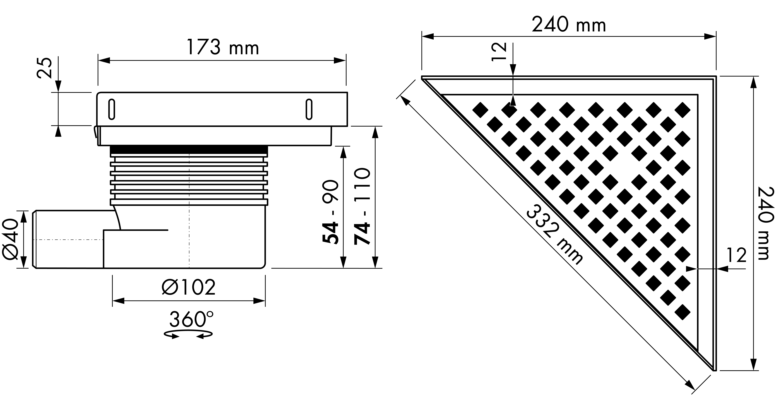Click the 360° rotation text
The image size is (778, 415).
point(191,319)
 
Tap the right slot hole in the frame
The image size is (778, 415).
point(309,109)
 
